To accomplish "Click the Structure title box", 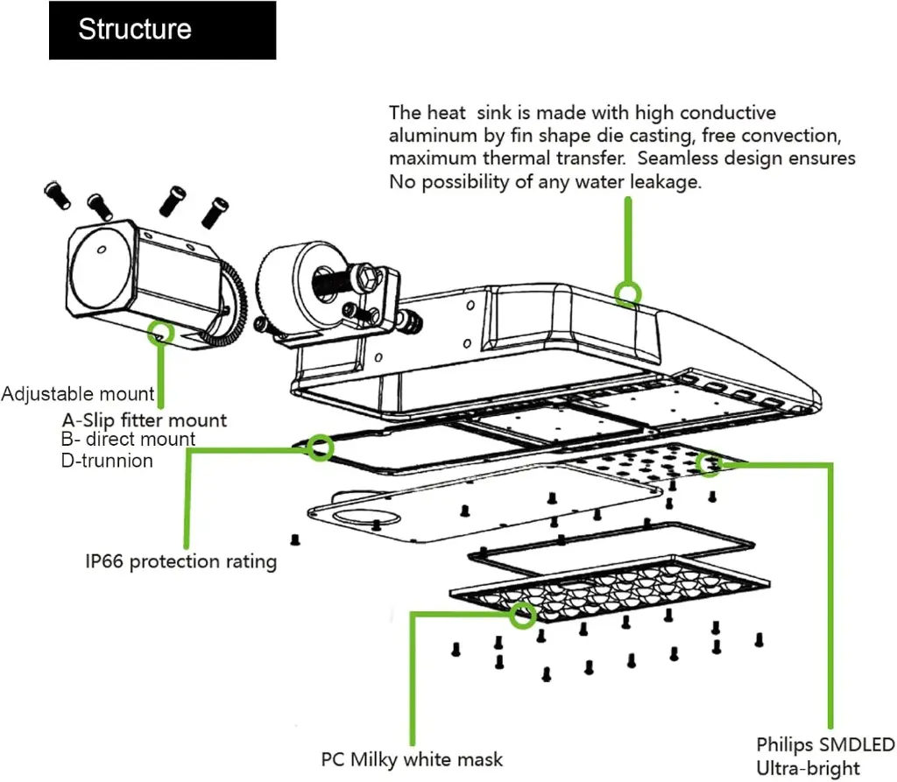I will (x=162, y=30).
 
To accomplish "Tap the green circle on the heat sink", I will (x=627, y=294).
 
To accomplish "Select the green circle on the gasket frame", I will (x=321, y=447).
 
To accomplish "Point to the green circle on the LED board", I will (x=708, y=463).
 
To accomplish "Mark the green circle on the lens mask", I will (x=524, y=615).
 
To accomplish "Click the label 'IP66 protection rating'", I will (x=180, y=561).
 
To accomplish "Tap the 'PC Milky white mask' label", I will (x=412, y=758).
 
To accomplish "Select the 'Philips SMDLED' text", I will (x=825, y=745).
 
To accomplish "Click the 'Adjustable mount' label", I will (x=78, y=395).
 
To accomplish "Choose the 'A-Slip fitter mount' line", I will (x=144, y=420).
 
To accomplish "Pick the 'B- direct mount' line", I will (x=128, y=440).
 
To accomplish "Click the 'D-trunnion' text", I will (x=107, y=461).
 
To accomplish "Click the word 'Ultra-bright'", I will (x=807, y=769).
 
